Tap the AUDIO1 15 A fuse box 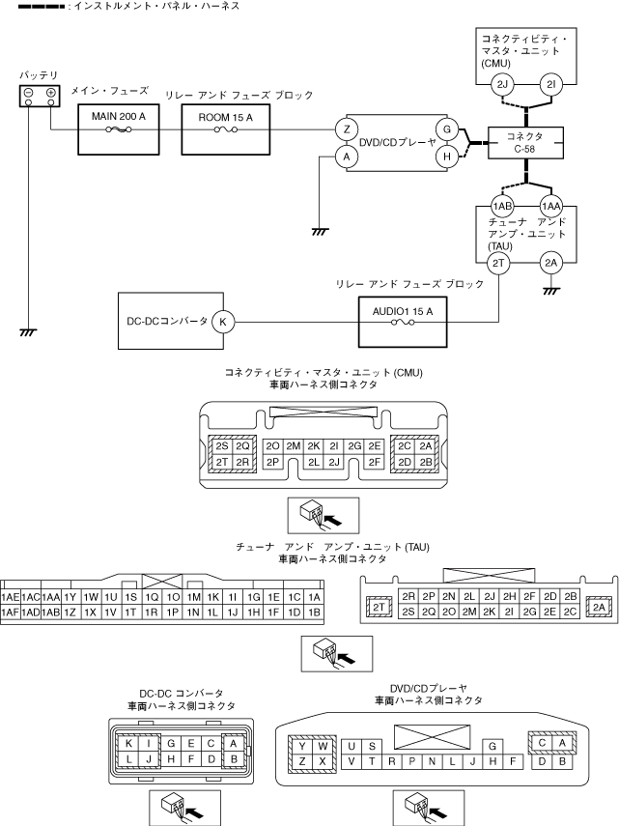[x=405, y=322]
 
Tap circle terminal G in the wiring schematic [x=446, y=128]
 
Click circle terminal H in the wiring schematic [x=446, y=155]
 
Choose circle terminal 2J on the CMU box [x=502, y=84]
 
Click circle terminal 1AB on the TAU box [x=502, y=206]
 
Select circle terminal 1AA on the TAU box [x=552, y=206]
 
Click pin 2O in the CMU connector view [x=272, y=446]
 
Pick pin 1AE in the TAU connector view [x=12, y=597]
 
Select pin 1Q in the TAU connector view [x=152, y=597]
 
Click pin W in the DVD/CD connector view [x=323, y=746]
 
